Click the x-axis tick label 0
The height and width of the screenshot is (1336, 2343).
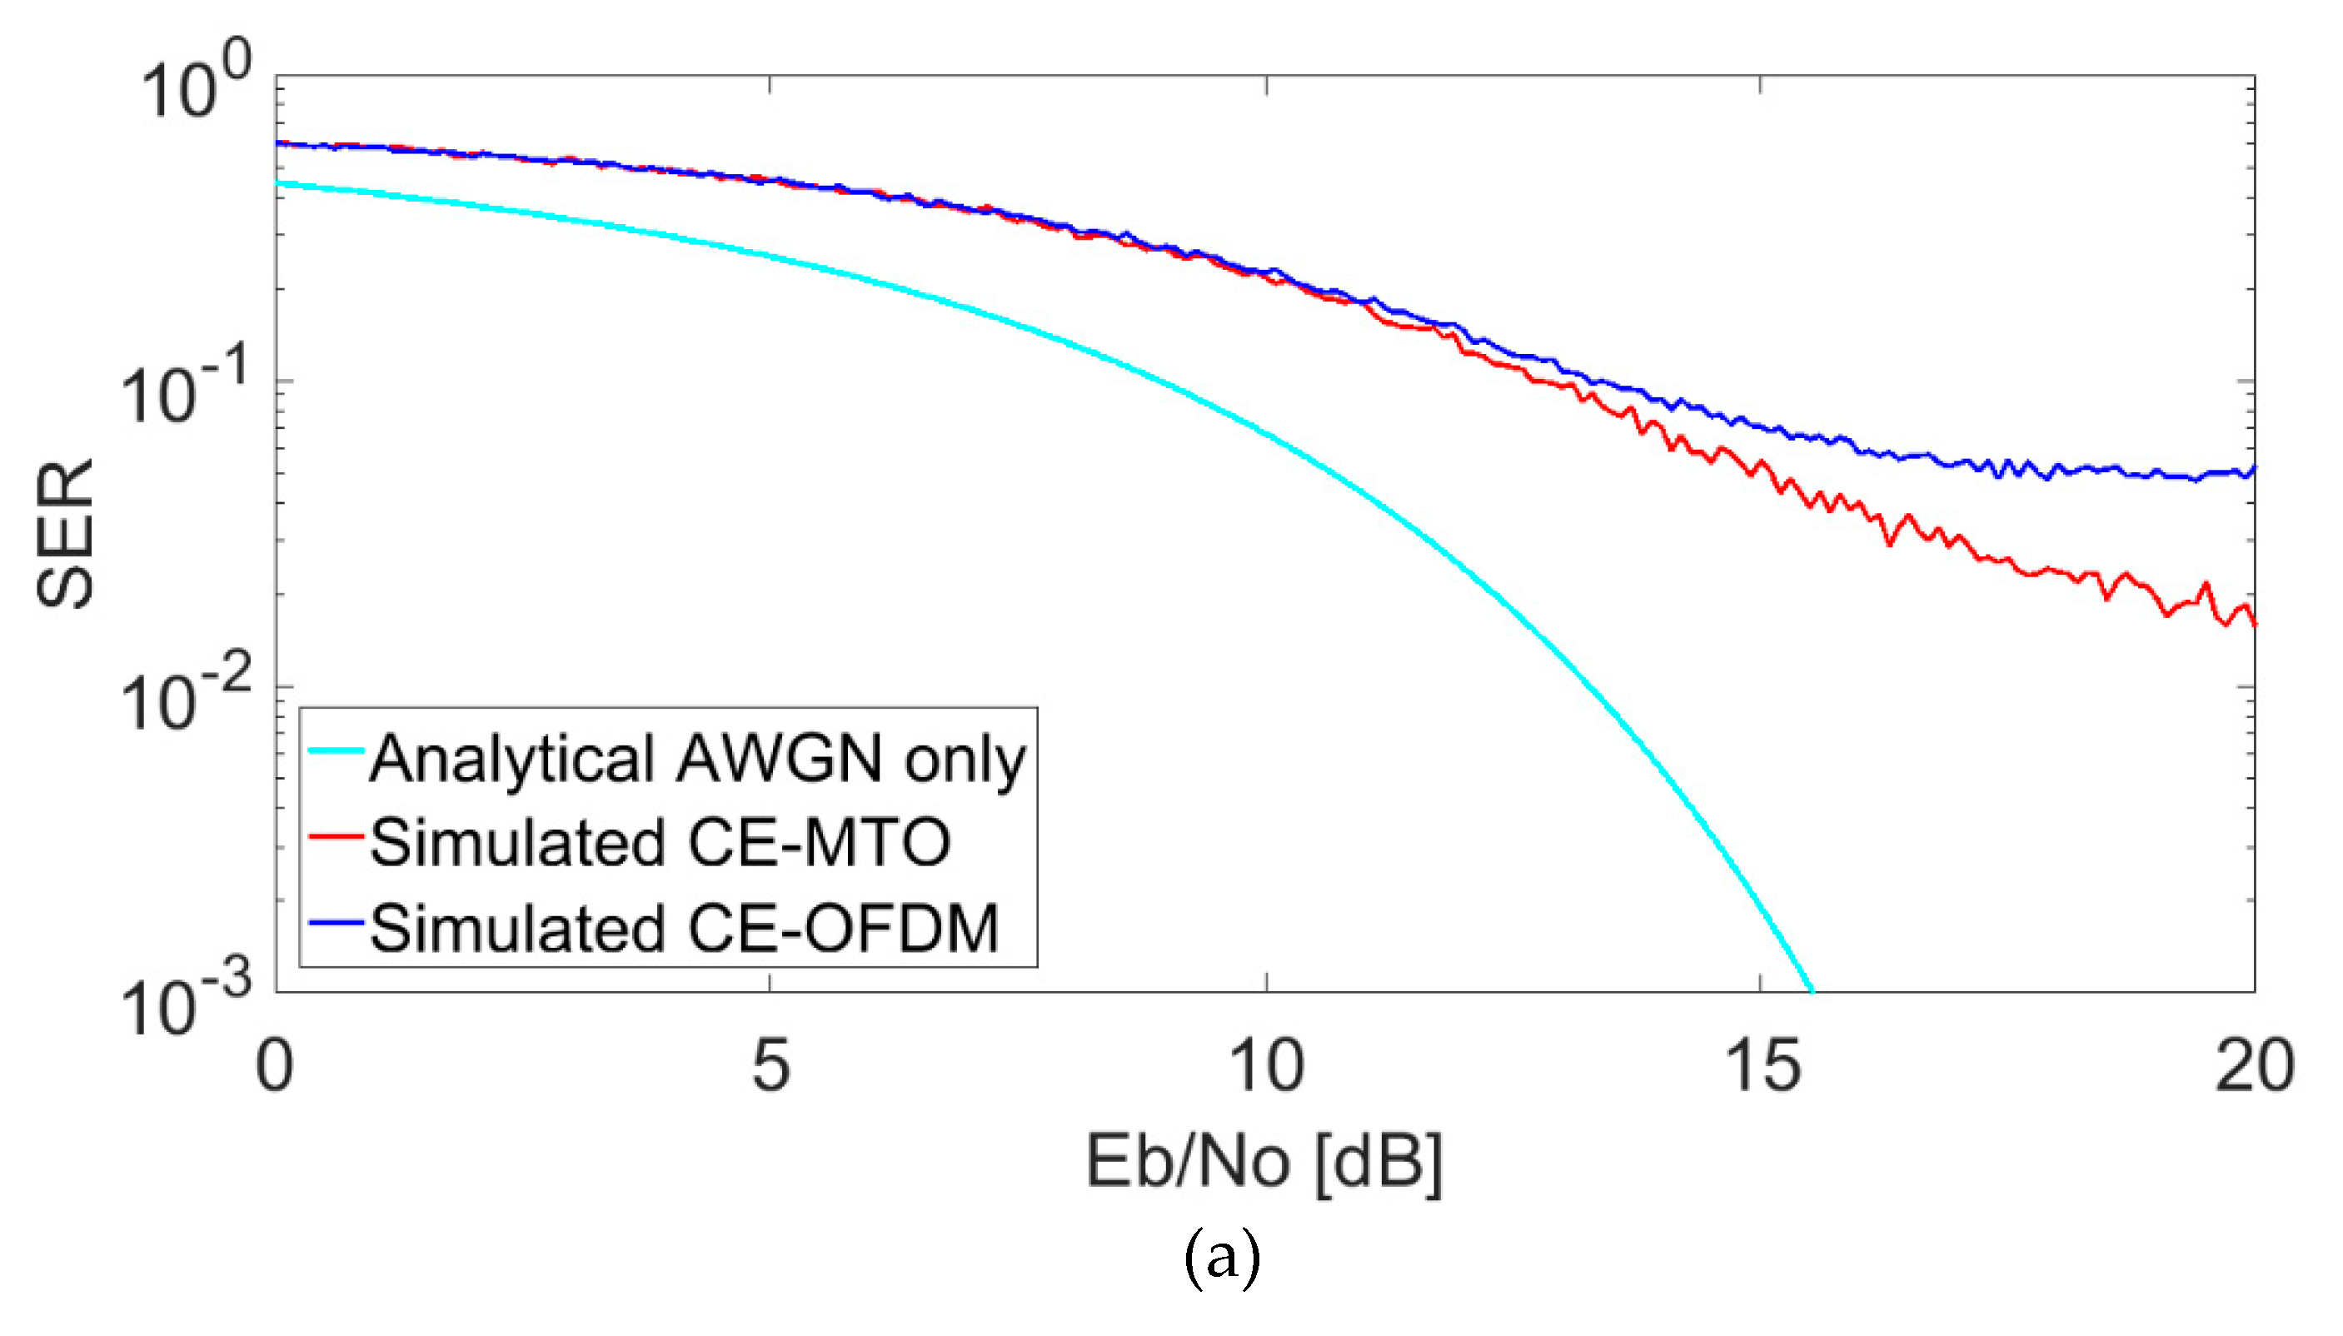coord(274,1065)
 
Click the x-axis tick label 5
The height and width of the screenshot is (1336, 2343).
coord(770,1065)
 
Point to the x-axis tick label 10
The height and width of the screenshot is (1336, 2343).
coord(1266,1065)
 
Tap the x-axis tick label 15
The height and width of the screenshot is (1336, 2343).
coord(1762,1065)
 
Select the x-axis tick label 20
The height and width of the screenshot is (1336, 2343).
coord(2254,1065)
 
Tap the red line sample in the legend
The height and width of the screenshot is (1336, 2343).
coord(336,836)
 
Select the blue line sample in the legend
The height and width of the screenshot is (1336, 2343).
coord(336,921)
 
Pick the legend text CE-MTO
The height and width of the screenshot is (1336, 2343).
coord(818,842)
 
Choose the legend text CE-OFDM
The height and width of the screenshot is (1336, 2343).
coord(842,929)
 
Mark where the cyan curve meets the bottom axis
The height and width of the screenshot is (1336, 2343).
coord(1811,990)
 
